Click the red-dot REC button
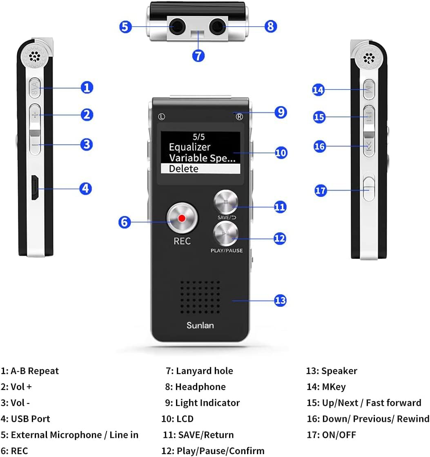coord(182,218)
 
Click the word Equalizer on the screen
coord(189,147)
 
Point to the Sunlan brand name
coord(200,325)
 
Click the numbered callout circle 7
coord(198,55)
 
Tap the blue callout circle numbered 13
coord(280,301)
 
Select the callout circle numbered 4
coord(86,188)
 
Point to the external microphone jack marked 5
coord(177,27)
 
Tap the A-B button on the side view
coord(35,87)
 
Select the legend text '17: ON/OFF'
coord(331,435)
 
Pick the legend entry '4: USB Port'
coord(25,419)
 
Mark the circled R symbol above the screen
coord(239,116)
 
